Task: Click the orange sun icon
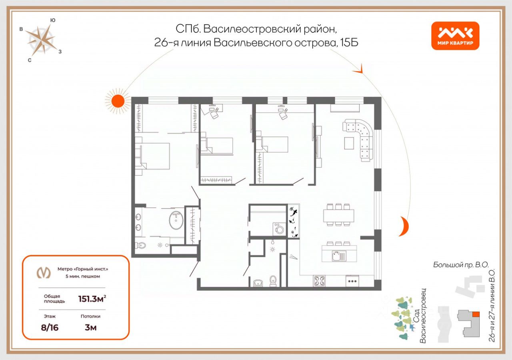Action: tap(118, 101)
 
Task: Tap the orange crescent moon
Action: tap(404, 226)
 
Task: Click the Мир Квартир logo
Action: tap(455, 36)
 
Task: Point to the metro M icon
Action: tap(44, 272)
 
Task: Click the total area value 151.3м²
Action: tap(92, 299)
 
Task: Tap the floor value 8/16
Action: tap(50, 328)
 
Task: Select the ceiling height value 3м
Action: tap(90, 328)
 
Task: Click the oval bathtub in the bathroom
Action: tap(176, 220)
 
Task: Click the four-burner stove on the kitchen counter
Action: tap(319, 281)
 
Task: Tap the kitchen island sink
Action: tap(339, 256)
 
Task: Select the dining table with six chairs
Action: tap(338, 215)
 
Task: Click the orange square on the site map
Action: tap(476, 314)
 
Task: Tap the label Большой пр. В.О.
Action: tap(461, 265)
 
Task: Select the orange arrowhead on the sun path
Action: tap(358, 69)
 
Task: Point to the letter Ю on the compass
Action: tap(52, 20)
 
